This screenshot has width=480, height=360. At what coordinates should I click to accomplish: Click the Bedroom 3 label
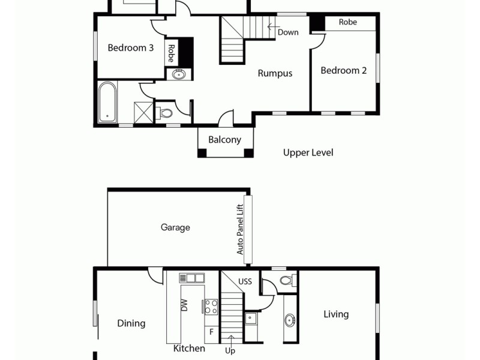[130, 48]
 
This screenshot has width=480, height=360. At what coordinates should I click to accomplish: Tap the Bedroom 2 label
[343, 70]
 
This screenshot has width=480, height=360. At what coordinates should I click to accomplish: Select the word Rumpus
[275, 73]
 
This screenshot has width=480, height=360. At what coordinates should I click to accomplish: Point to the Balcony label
[224, 140]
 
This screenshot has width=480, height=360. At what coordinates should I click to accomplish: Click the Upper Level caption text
[308, 152]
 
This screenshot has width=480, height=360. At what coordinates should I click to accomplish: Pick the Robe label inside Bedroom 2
[348, 22]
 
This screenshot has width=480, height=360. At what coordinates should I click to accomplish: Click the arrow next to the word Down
[271, 26]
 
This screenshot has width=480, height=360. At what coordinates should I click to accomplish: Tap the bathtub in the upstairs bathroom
[107, 102]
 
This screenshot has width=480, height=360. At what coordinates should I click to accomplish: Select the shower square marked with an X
[144, 112]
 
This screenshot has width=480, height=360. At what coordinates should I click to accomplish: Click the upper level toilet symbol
[166, 113]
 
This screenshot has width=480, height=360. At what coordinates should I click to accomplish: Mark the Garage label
[175, 227]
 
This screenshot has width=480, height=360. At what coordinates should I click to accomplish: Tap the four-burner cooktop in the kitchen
[211, 307]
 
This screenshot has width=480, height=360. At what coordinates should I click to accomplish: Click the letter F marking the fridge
[211, 331]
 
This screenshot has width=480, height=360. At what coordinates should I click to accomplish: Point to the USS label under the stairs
[245, 281]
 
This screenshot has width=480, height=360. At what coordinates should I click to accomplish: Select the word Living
[336, 314]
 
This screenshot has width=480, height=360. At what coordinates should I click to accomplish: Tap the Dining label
[131, 323]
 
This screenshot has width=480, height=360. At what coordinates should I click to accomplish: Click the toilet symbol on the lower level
[287, 280]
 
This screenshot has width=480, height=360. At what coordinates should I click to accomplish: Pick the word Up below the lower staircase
[230, 350]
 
